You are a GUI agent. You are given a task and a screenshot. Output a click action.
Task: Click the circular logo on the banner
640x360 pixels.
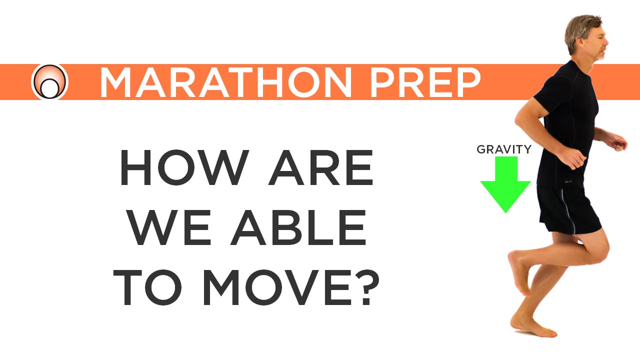click(x=49, y=82)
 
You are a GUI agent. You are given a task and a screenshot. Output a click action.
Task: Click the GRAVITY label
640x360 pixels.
click(x=504, y=149)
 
